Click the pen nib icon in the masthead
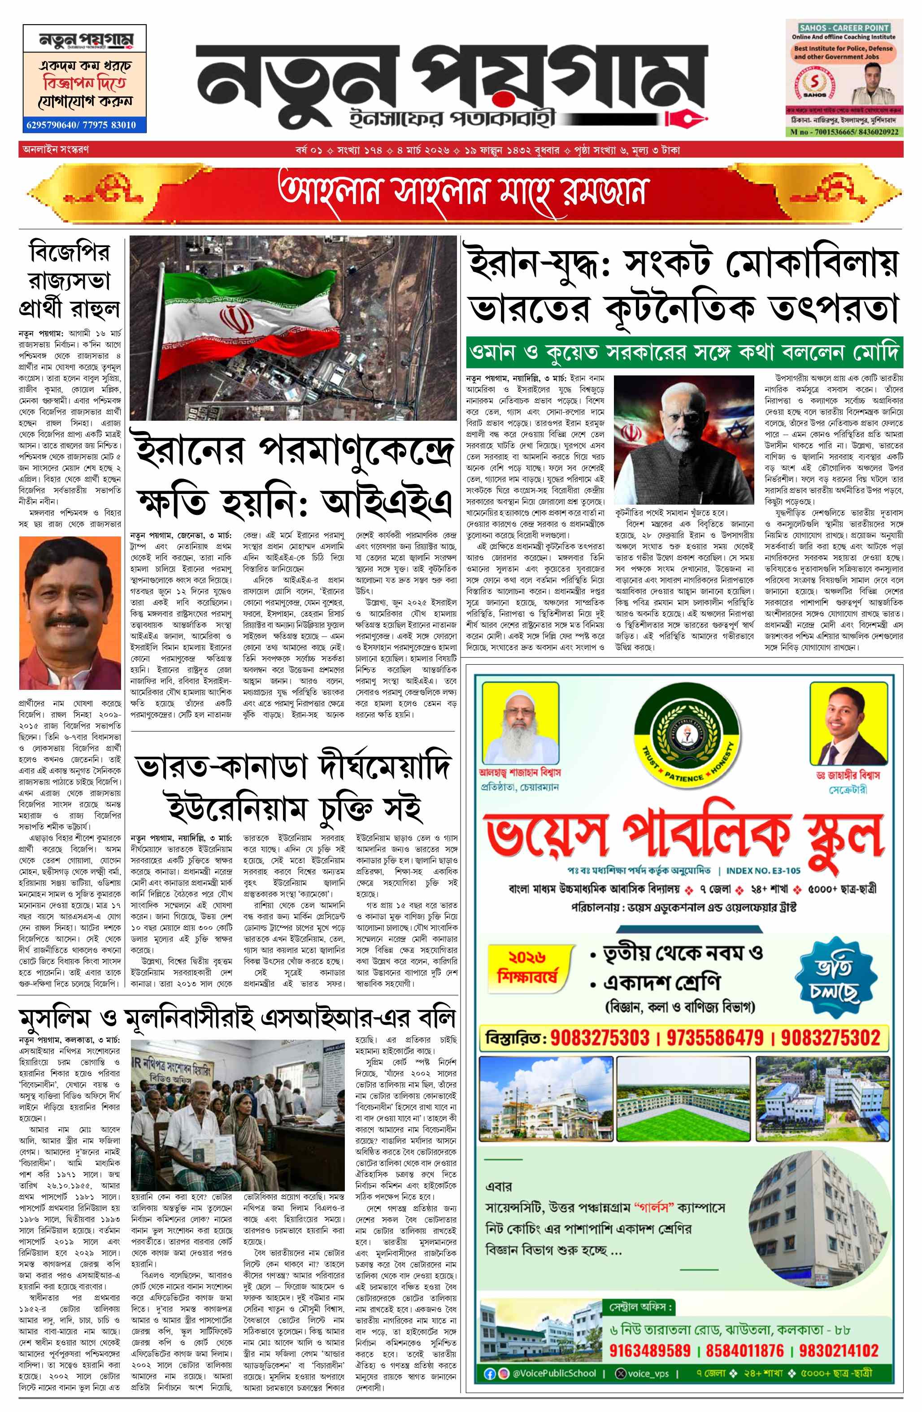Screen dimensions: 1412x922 click(684, 119)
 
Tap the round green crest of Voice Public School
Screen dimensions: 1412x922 click(687, 733)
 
